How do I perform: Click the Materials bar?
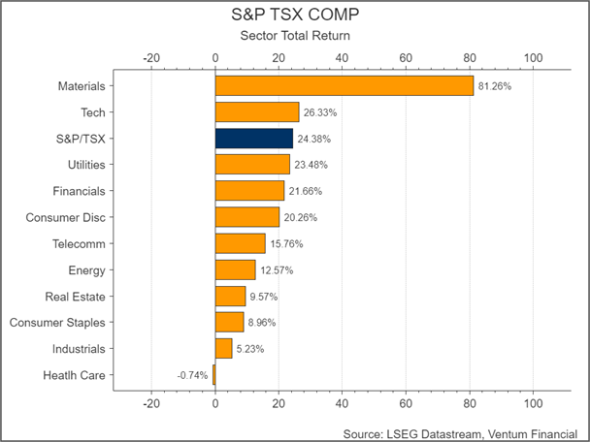click(x=344, y=86)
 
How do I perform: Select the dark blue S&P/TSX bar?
click(x=253, y=138)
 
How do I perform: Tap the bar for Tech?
click(x=256, y=112)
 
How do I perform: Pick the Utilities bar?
click(x=252, y=164)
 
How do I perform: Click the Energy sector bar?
click(x=235, y=269)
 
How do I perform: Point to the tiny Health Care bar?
click(x=214, y=374)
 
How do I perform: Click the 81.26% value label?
click(x=495, y=86)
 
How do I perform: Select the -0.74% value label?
click(x=192, y=375)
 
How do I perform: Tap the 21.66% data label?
click(x=306, y=191)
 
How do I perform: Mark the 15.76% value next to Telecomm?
click(x=286, y=243)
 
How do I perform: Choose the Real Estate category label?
click(x=76, y=296)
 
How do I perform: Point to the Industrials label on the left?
click(x=78, y=348)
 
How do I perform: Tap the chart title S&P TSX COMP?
click(x=294, y=16)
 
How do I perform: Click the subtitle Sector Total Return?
click(x=294, y=36)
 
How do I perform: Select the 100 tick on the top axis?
click(x=533, y=58)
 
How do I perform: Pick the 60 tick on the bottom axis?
click(x=406, y=403)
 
